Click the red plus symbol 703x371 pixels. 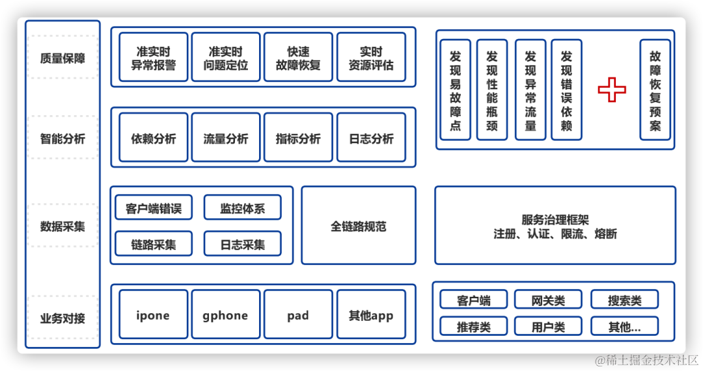[612, 90]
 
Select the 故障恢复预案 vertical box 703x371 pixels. [655, 90]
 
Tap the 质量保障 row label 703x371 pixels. [62, 58]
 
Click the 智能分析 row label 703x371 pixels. [62, 138]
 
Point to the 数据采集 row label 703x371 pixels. [62, 226]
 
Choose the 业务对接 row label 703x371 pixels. [62, 318]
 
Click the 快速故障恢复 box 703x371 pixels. [298, 58]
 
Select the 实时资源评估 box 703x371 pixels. [371, 58]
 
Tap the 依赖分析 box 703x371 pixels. [154, 138]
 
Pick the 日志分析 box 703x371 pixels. [371, 138]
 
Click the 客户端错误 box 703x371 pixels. [154, 208]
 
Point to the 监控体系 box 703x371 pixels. [243, 208]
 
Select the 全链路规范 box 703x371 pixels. [359, 226]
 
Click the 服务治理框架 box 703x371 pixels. [555, 226]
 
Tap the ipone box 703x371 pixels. [154, 315]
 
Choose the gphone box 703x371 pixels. [226, 315]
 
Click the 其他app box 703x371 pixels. [371, 315]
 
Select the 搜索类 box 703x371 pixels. [625, 300]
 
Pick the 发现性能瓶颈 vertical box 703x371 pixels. [492, 90]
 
